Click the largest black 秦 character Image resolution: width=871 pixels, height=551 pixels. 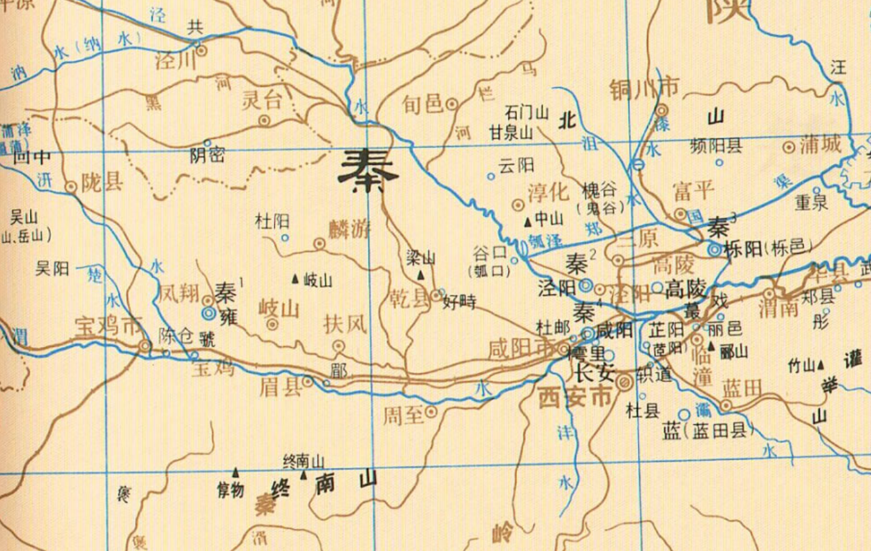(x=368, y=171)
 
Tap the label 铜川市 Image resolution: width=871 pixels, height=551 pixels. (x=644, y=86)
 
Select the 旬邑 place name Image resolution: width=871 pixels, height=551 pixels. (x=422, y=103)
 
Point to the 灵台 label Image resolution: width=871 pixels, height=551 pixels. (x=261, y=100)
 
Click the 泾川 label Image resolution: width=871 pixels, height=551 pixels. (x=174, y=60)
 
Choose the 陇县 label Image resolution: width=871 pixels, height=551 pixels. (x=102, y=183)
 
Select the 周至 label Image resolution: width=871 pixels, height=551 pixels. (x=404, y=415)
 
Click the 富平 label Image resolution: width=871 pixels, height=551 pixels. (x=693, y=191)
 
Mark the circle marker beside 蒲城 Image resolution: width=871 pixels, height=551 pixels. (x=789, y=147)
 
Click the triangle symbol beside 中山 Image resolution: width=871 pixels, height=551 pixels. (x=528, y=222)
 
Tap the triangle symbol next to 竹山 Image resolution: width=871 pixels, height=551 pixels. (x=821, y=366)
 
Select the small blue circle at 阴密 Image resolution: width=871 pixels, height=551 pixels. (x=207, y=143)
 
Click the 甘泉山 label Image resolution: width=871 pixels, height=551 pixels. (x=510, y=133)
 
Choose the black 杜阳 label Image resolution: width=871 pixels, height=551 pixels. (x=272, y=222)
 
